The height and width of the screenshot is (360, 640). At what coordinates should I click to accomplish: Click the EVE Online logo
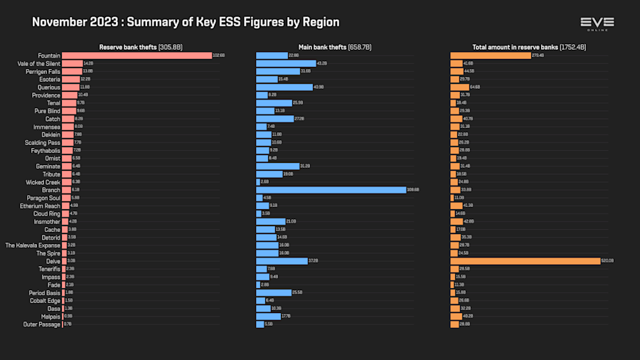pos(597,23)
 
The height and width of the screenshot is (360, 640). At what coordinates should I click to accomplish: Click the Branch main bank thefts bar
pos(330,190)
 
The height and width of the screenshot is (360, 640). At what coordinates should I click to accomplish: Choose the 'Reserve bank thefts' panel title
pos(141,47)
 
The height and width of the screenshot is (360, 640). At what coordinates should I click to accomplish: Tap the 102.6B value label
pos(218,55)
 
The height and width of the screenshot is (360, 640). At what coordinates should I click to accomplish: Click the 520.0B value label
pos(607,261)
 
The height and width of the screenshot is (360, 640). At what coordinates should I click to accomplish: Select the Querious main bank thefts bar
pos(284,87)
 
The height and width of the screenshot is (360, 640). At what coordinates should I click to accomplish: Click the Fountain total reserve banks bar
pos(490,55)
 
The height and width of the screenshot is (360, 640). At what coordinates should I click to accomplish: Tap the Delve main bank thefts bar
pos(282,261)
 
